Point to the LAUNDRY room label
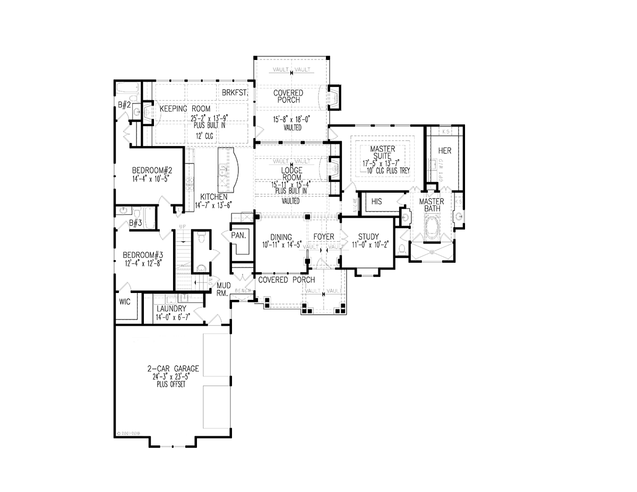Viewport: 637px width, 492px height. tap(171, 308)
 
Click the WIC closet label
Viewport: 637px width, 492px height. tap(124, 301)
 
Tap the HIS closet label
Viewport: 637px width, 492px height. tap(376, 202)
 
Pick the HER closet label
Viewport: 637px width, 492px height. tap(445, 151)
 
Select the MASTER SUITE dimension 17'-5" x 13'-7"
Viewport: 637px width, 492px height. tap(383, 164)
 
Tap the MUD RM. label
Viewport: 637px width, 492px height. tap(222, 289)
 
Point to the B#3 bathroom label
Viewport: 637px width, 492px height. tap(135, 223)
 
